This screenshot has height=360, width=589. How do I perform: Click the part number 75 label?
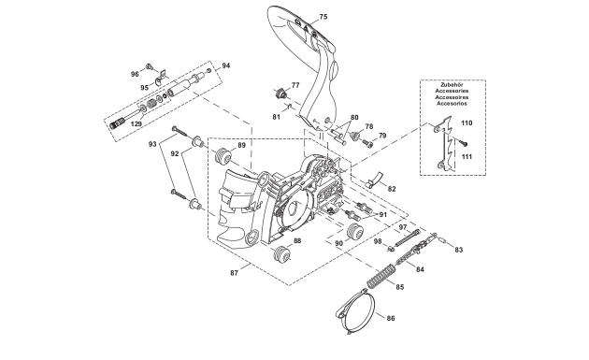[x=323, y=17]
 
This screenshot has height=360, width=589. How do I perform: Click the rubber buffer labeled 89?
[x=223, y=156]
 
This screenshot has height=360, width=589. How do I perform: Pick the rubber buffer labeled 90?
[x=355, y=231]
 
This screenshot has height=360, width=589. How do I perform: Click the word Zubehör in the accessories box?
[x=452, y=85]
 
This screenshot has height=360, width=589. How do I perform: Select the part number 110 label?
[x=467, y=122]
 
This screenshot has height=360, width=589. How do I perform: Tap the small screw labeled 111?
[x=465, y=143]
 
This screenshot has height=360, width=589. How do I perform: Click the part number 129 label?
[x=136, y=123]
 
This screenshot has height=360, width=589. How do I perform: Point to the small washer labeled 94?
[x=209, y=70]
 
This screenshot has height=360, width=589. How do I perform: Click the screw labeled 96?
[x=150, y=66]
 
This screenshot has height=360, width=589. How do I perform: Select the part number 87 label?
[x=234, y=273]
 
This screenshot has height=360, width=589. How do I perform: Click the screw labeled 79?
[x=367, y=142]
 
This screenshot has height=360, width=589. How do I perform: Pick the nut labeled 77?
[x=280, y=93]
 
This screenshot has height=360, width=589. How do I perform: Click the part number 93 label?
[x=152, y=144]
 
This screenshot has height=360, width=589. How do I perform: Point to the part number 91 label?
[x=382, y=215]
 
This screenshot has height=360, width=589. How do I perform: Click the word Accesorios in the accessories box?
[x=452, y=104]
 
